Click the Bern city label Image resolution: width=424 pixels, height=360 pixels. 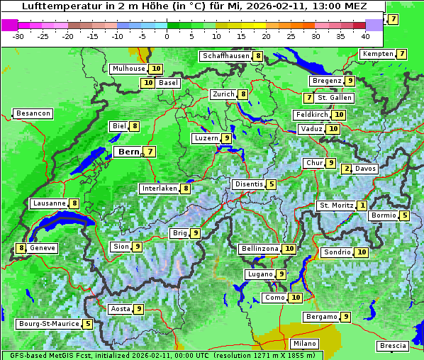tap(128, 152)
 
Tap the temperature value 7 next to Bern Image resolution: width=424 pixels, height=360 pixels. tap(150, 152)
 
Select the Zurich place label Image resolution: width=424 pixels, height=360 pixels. tap(223, 94)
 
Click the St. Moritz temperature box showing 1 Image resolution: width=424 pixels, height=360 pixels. tap(362, 206)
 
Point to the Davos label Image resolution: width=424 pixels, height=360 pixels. tap(365, 169)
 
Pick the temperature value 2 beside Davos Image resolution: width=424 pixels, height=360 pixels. tap(347, 169)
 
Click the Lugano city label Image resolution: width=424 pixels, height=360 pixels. tap(259, 274)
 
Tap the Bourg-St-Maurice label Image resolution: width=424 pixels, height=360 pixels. tap(48, 324)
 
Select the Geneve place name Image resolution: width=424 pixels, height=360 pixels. tap(43, 248)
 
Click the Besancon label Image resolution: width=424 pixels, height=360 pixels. tap(33, 113)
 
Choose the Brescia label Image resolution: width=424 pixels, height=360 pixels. tap(393, 346)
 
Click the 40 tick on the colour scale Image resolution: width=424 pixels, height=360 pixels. tap(365, 35)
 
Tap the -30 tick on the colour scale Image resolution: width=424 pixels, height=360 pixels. tap(18, 35)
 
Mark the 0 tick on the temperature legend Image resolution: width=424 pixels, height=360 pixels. tap(167, 35)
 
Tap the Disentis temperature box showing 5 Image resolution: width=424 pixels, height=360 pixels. tap(271, 184)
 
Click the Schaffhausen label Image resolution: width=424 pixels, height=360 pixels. tap(225, 56)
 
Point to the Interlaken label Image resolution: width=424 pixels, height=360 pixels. tap(159, 189)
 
